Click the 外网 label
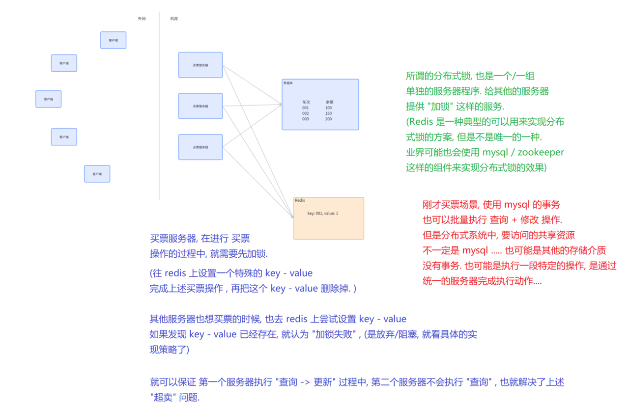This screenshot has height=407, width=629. (142, 19)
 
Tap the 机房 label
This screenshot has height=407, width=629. (174, 19)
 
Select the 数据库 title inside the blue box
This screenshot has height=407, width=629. (288, 83)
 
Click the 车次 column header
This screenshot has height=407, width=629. (306, 102)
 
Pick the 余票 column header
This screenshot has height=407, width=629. (329, 102)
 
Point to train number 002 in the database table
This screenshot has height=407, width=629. (306, 113)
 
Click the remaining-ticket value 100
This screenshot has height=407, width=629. (328, 108)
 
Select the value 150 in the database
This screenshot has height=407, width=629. (328, 113)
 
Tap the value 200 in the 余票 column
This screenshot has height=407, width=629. (328, 119)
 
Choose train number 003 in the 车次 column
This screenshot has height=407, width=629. (306, 119)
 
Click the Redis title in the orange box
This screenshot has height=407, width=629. (300, 200)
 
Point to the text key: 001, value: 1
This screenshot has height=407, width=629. (322, 213)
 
